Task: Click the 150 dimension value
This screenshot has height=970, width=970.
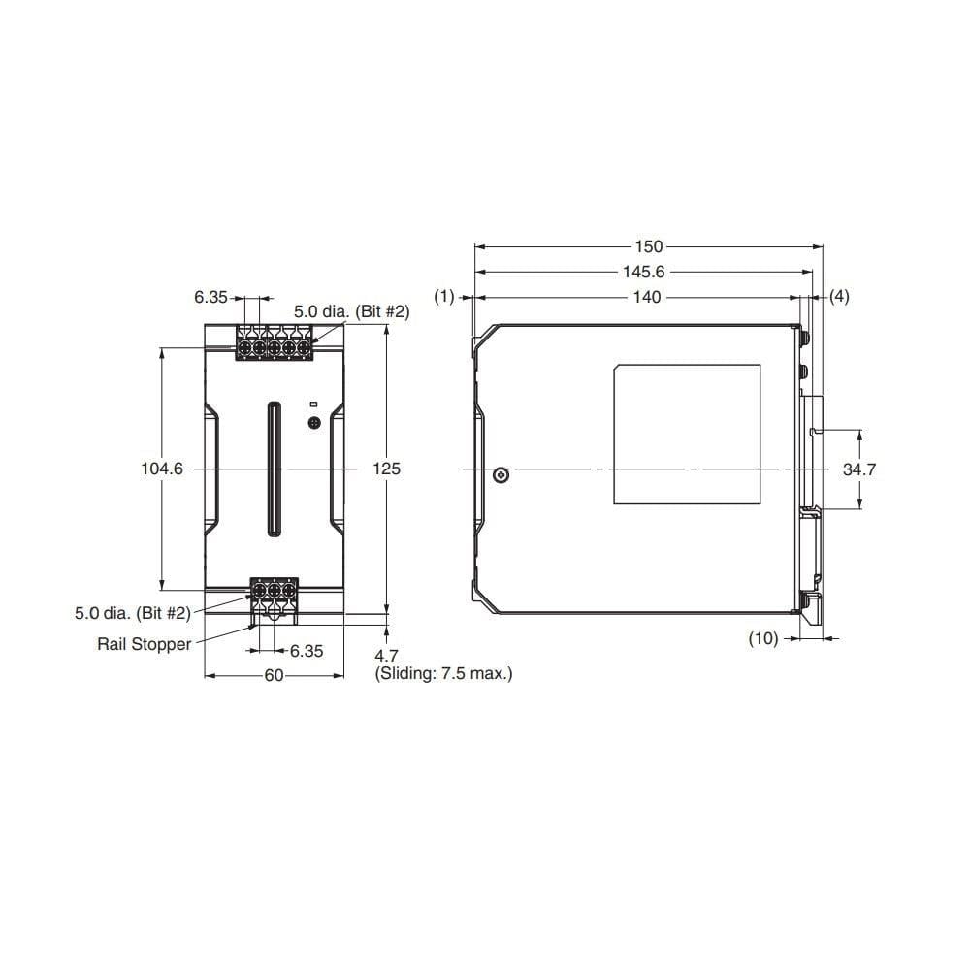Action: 648,246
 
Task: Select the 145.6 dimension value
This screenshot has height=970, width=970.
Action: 643,272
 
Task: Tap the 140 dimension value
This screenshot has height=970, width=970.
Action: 646,297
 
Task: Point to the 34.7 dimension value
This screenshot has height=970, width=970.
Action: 859,469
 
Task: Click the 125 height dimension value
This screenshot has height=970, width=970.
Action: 386,469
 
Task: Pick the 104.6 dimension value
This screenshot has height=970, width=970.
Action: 162,469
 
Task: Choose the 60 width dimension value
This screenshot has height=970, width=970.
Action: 274,675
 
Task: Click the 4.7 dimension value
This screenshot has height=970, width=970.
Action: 386,656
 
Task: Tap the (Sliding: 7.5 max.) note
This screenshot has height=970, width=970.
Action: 443,673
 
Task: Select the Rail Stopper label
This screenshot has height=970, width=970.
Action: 145,644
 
